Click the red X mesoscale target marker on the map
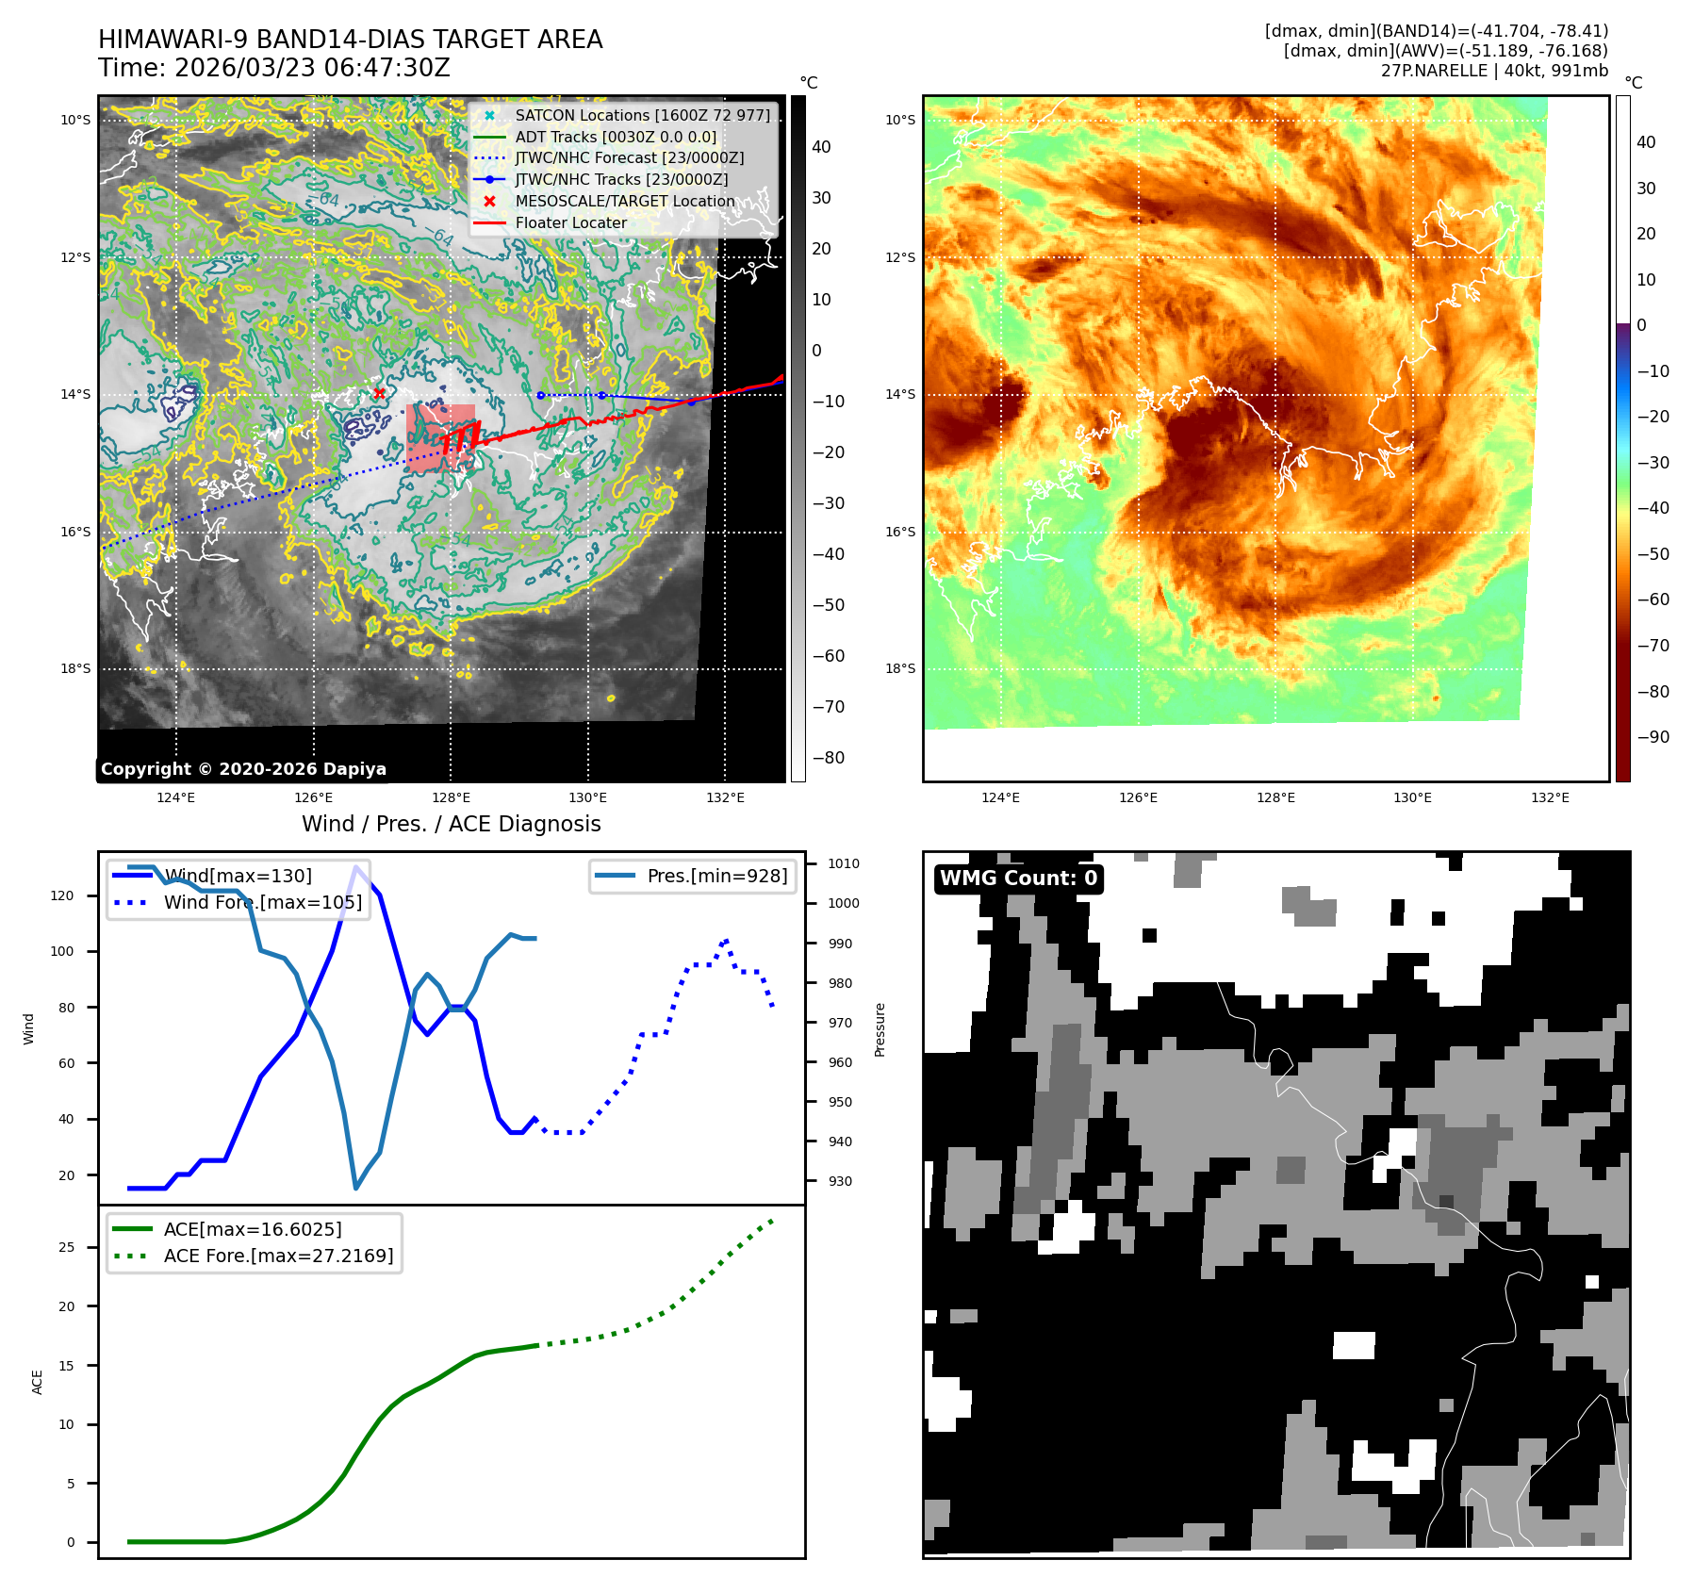379,393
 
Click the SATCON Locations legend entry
641,115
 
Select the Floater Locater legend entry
570,222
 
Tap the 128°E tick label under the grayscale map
451,797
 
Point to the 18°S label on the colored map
899,668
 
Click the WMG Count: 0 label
1018,879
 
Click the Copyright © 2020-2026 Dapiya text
243,769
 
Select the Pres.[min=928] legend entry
716,876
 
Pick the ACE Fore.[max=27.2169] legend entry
278,1256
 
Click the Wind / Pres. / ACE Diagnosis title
451,824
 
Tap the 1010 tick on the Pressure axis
843,863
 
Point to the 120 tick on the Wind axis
62,895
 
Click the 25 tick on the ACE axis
66,1247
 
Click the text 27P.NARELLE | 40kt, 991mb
1494,71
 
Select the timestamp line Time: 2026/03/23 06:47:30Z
274,68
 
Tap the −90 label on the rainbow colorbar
1653,737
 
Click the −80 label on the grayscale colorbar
828,758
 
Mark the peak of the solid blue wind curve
355,867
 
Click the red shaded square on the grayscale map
440,437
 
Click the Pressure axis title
880,1029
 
